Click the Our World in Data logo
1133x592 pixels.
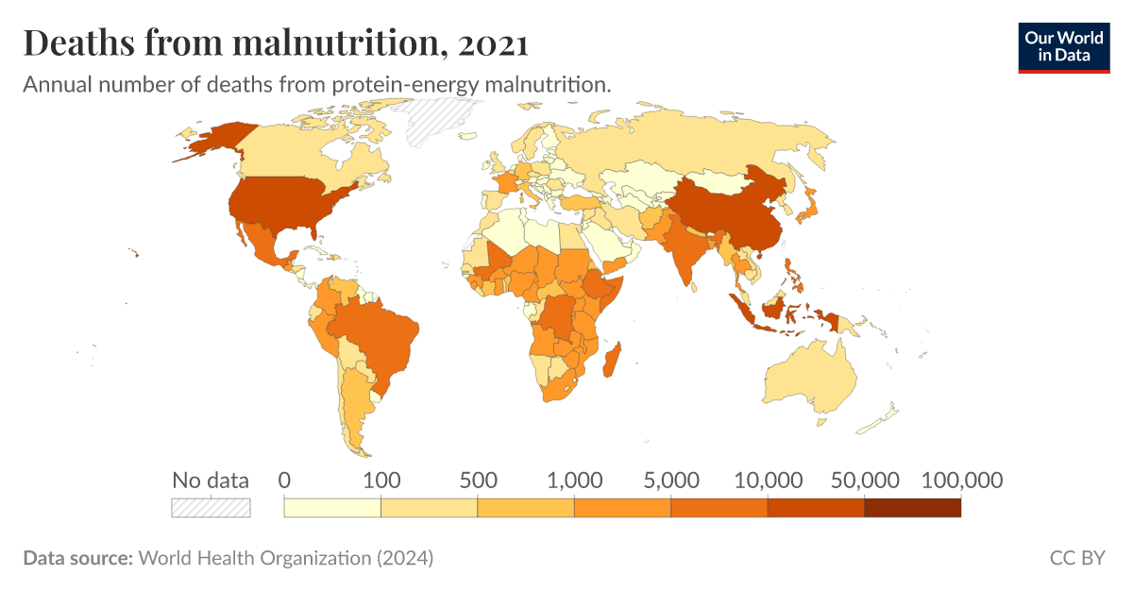coord(1064,46)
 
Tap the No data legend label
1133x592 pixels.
coord(211,480)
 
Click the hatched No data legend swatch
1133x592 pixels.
coord(211,508)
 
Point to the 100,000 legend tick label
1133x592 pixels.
coord(961,480)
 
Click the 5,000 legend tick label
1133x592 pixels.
coord(671,480)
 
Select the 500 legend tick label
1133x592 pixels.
coord(478,480)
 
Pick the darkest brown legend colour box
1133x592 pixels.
coord(912,508)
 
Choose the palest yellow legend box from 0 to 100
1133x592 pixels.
coord(332,508)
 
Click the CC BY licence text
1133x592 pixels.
coord(1076,558)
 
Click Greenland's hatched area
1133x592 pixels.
coord(434,121)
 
